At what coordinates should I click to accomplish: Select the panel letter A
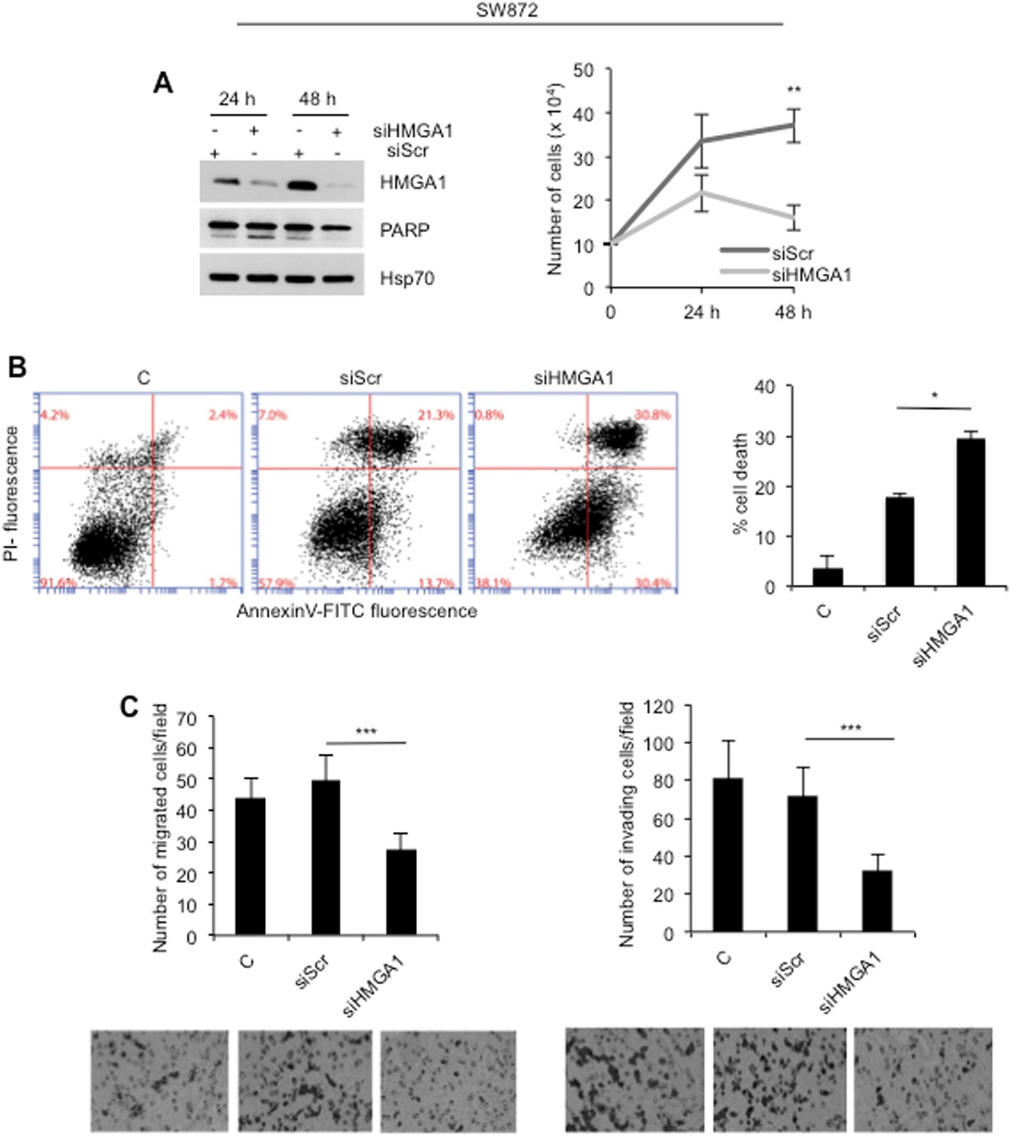[x=163, y=84]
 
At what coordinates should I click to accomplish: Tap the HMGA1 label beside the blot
[x=412, y=183]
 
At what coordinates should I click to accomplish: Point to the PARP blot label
[x=404, y=230]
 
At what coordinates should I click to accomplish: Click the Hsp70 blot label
[x=406, y=278]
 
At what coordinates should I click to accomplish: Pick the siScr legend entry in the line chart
[x=793, y=253]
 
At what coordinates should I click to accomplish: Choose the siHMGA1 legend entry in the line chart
[x=811, y=274]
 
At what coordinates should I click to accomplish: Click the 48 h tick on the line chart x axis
[x=793, y=312]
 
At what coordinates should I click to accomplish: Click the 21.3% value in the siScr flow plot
[x=436, y=415]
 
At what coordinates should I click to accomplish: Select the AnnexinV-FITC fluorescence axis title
[x=357, y=611]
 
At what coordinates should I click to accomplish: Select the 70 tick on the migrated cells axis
[x=187, y=719]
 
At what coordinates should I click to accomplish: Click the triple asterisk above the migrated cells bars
[x=365, y=731]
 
